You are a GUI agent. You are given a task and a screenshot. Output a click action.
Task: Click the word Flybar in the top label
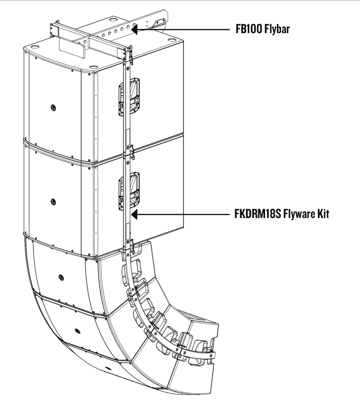(277, 29)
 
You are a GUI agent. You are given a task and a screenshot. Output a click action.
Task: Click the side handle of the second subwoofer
(128, 191)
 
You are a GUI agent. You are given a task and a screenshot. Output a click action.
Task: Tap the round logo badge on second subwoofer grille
(53, 201)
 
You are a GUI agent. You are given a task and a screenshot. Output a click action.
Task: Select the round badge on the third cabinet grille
(61, 277)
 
